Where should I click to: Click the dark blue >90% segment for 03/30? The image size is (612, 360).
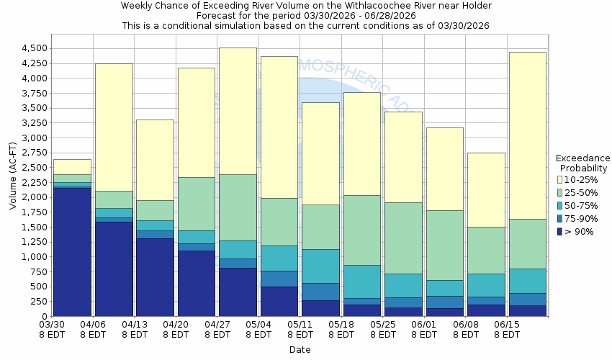click(x=72, y=252)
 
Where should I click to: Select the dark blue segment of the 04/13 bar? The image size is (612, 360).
click(x=155, y=277)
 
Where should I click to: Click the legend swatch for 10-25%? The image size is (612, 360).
click(x=560, y=179)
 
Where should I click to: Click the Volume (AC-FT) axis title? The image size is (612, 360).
click(x=13, y=176)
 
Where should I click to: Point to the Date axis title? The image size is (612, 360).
click(x=300, y=349)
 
